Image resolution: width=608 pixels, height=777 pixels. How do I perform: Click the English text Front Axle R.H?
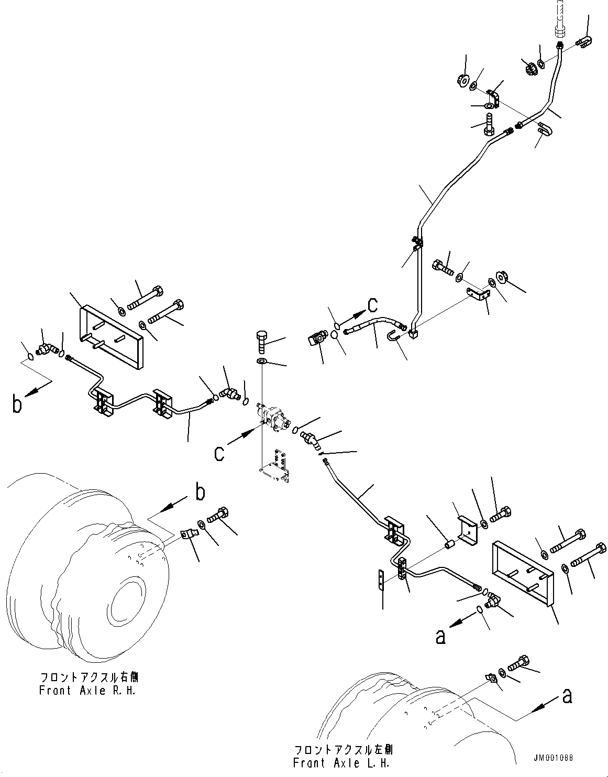pos(87,691)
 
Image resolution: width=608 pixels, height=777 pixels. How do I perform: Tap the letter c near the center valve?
pos(219,454)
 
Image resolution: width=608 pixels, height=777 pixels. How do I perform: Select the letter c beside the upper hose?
pos(372,305)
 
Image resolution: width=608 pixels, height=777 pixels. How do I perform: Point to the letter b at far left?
pos(17,404)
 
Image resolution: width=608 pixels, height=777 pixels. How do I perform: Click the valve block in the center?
pos(273,417)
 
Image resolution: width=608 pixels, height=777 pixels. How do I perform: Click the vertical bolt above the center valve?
pos(261,342)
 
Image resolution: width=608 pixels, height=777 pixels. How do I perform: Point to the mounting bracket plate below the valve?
pos(274,467)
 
